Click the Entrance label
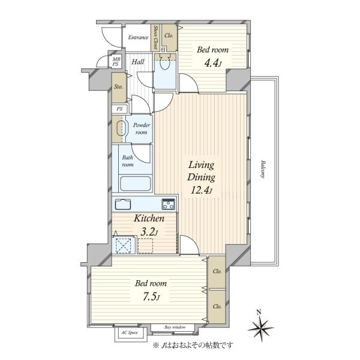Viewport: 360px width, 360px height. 138,37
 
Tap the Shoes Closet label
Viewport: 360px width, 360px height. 156,37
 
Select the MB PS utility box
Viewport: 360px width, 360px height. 116,62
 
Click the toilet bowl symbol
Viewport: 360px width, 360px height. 164,62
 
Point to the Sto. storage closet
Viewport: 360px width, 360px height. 119,88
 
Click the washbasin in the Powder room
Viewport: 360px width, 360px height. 122,129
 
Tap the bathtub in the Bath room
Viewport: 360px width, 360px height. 136,184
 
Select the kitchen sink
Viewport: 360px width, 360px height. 123,204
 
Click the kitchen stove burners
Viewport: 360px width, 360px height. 168,204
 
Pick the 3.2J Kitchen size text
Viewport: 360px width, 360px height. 149,233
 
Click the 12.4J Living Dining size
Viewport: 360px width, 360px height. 202,190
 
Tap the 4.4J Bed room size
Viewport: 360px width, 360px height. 212,63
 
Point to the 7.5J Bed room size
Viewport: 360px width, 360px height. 151,297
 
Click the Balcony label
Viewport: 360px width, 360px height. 263,169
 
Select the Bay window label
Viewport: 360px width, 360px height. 175,327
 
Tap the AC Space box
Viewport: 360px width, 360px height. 130,333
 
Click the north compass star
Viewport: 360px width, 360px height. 260,328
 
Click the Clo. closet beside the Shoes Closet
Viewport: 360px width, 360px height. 169,38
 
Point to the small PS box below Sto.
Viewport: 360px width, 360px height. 119,109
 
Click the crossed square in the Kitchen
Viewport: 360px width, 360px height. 123,245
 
